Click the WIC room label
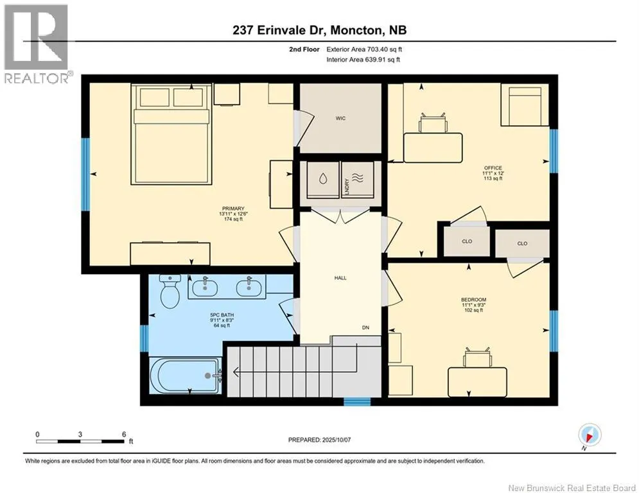click(340, 118)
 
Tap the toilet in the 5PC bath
click(170, 291)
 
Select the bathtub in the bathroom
click(186, 376)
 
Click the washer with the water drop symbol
click(323, 180)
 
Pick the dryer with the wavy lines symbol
click(357, 180)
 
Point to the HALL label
click(340, 278)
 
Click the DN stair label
click(365, 327)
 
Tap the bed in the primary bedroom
click(171, 134)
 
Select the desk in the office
click(433, 148)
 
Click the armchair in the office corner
click(525, 105)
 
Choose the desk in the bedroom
click(477, 382)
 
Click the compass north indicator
click(590, 435)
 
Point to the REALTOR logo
click(37, 44)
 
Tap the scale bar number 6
click(124, 435)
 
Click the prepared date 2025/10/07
click(337, 440)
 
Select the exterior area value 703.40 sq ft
click(385, 49)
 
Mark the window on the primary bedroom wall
click(85, 175)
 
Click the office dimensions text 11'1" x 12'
click(493, 173)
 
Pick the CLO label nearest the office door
click(467, 241)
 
